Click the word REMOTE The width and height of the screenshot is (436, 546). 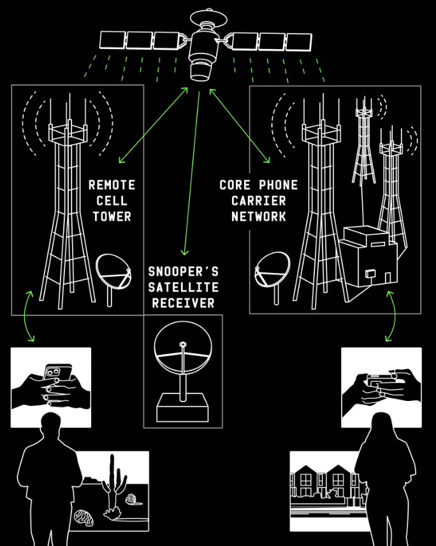112,185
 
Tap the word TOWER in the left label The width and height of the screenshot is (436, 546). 112,216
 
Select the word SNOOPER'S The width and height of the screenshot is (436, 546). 183,272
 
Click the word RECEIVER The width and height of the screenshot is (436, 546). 183,303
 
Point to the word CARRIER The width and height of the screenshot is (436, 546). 259,201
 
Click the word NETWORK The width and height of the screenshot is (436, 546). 259,216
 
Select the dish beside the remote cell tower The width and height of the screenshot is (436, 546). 114,272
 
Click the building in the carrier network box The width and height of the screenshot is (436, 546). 369,258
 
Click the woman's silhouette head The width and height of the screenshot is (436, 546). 381,426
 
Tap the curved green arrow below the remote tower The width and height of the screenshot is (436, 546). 28,315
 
